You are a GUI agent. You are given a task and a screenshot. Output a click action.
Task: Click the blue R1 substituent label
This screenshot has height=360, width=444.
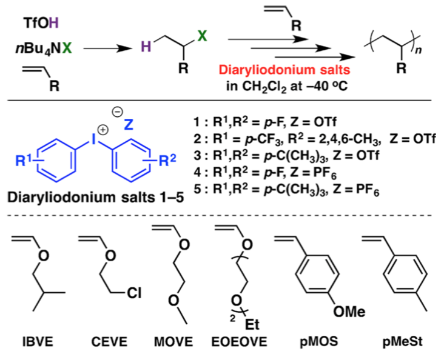point(24,161)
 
